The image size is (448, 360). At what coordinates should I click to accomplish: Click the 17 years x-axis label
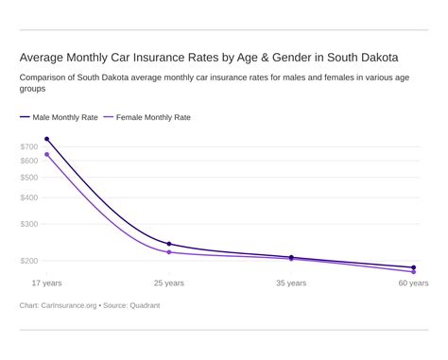click(x=46, y=283)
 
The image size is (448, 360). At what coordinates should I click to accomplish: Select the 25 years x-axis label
click(x=169, y=283)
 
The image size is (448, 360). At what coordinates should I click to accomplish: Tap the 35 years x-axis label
click(x=291, y=283)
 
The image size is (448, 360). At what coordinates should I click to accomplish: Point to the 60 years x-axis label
click(x=413, y=283)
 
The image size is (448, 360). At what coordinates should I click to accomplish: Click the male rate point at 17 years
click(x=46, y=139)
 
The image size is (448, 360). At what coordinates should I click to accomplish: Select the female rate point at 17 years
click(x=46, y=154)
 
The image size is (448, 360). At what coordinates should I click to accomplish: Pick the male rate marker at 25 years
click(x=169, y=244)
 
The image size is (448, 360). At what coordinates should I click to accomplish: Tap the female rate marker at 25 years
click(x=169, y=252)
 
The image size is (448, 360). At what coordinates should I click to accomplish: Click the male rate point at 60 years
click(x=413, y=267)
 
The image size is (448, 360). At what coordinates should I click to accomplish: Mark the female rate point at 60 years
click(x=413, y=272)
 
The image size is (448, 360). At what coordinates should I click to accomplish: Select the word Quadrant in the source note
click(x=146, y=305)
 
